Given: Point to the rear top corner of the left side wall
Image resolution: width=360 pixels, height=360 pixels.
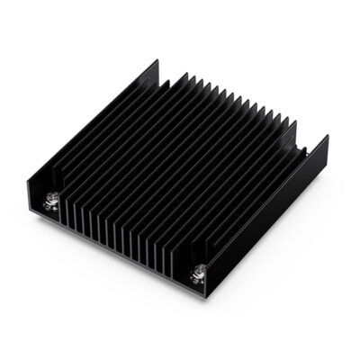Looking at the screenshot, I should (x=157, y=61).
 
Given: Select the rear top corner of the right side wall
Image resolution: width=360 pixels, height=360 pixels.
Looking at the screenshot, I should (x=326, y=138).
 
